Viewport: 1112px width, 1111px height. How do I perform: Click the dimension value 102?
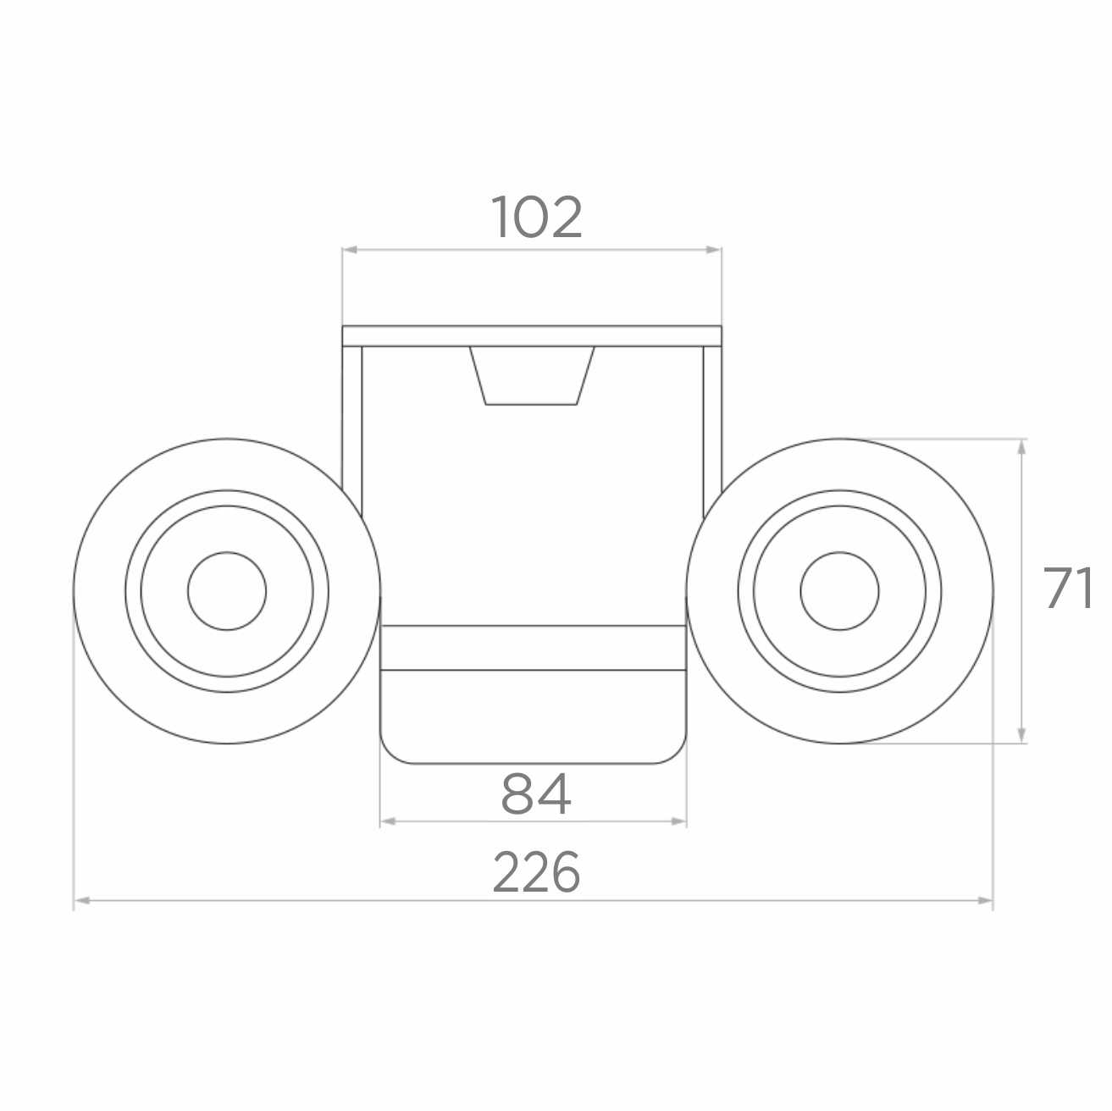pos(536,217)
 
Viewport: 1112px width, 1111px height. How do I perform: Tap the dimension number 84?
pos(536,794)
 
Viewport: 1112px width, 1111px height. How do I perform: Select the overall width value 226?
pos(536,871)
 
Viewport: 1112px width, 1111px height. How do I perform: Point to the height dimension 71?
pos(1068,588)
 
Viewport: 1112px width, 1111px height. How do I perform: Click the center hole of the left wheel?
pos(227,590)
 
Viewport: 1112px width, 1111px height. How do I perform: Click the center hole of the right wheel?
pos(839,590)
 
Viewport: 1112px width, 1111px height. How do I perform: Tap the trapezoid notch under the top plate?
pos(532,375)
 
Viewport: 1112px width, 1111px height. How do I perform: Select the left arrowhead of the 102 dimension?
pos(350,250)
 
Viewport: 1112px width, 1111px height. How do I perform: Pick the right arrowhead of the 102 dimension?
pos(714,250)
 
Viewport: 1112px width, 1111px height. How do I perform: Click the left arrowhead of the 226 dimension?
pos(82,900)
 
